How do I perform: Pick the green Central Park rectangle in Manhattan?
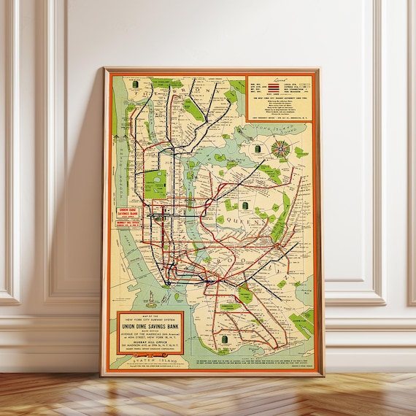click(155, 184)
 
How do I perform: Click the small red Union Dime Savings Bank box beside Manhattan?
click(128, 216)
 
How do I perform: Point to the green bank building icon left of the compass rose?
click(257, 148)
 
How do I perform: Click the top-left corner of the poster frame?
click(104, 69)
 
